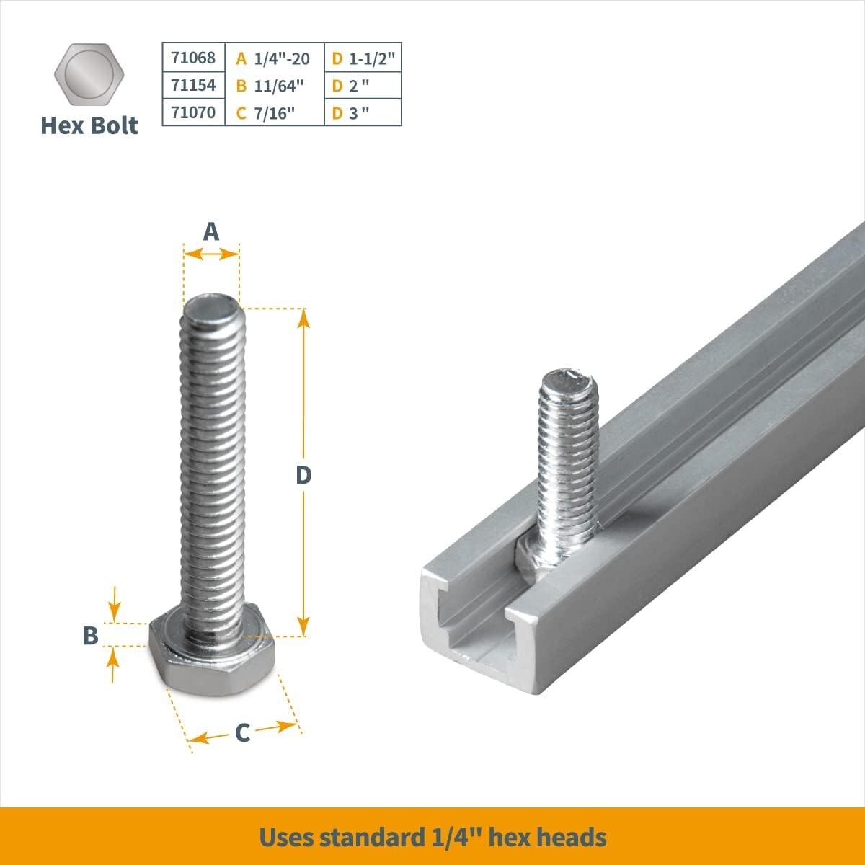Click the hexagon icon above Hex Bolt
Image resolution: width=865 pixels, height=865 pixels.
click(x=89, y=75)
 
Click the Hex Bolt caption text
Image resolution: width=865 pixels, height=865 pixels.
click(x=89, y=125)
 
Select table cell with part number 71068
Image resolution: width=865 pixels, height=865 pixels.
click(x=193, y=57)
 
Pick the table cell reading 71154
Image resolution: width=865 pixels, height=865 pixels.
click(x=193, y=85)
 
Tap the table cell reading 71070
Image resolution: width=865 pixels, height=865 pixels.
click(x=193, y=112)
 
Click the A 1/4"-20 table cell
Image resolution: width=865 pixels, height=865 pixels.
click(x=274, y=58)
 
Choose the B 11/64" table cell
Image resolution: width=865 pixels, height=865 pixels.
click(x=274, y=86)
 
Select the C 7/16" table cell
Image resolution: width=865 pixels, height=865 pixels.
click(x=274, y=113)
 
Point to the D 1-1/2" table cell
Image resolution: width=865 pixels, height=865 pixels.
click(x=363, y=58)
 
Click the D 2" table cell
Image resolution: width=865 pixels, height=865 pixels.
click(x=363, y=86)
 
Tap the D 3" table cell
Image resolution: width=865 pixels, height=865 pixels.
click(x=363, y=113)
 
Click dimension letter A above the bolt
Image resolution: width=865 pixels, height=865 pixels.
click(x=210, y=231)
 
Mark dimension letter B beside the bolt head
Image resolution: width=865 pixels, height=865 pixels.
click(x=90, y=636)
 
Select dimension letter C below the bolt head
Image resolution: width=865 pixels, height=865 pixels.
click(x=242, y=732)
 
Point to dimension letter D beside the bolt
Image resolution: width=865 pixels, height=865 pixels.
click(x=303, y=475)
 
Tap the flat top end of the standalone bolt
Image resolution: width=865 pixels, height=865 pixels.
click(x=210, y=306)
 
